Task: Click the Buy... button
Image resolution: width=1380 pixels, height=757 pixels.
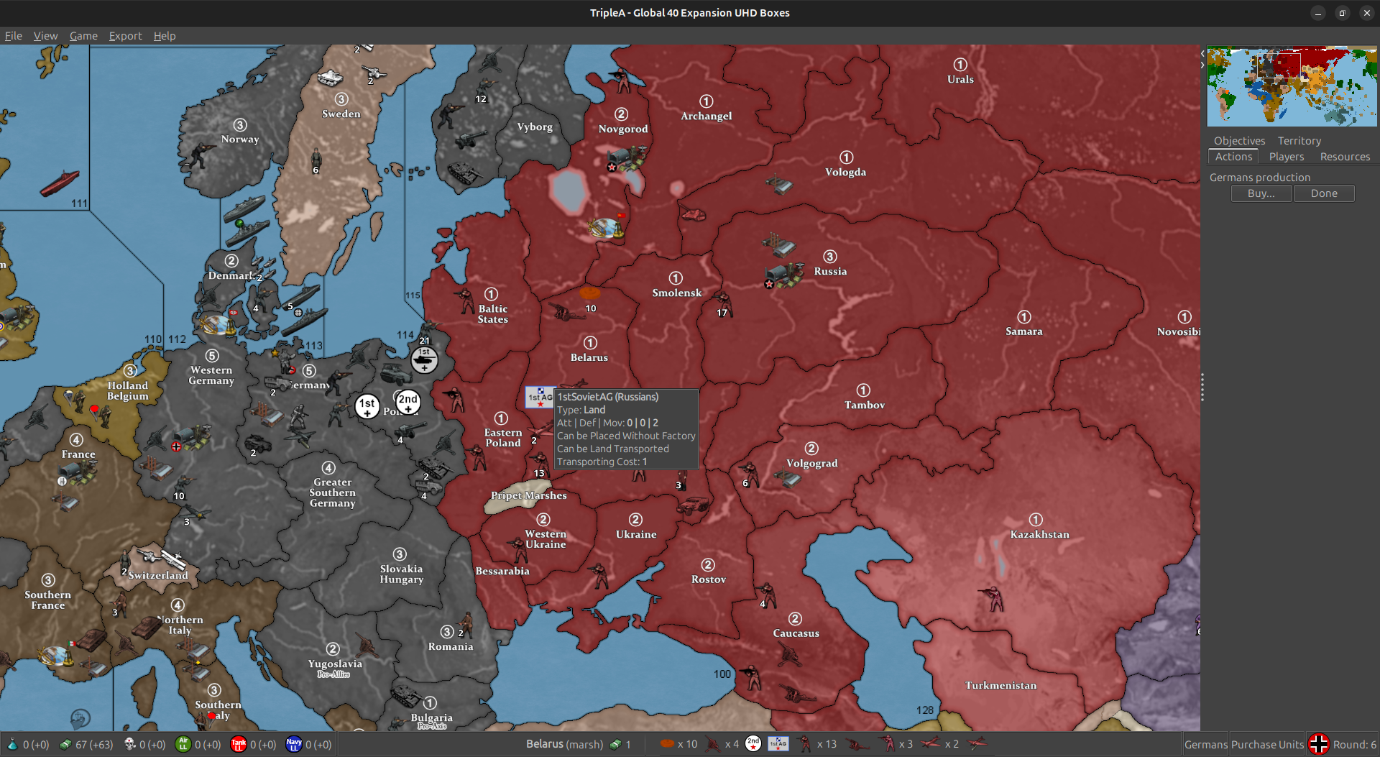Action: pyautogui.click(x=1261, y=193)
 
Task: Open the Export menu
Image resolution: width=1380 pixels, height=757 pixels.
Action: pyautogui.click(x=125, y=36)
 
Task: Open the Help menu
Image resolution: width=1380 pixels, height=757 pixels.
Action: pyautogui.click(x=164, y=36)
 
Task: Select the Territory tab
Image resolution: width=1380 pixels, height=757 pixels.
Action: pyautogui.click(x=1299, y=141)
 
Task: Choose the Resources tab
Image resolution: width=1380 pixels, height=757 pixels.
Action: pyautogui.click(x=1344, y=157)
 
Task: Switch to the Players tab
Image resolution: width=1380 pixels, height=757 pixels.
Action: pyautogui.click(x=1286, y=157)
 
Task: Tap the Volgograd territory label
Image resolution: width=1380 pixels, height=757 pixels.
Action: pyautogui.click(x=811, y=464)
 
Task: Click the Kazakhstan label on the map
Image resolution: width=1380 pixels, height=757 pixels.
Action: pyautogui.click(x=1039, y=535)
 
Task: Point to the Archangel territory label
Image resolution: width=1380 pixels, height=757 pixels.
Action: pyautogui.click(x=706, y=116)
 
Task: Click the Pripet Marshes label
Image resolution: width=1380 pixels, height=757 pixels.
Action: pyautogui.click(x=528, y=496)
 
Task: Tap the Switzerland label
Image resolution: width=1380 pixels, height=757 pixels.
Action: pyautogui.click(x=158, y=576)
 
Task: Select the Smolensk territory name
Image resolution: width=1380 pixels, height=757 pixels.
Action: pyautogui.click(x=676, y=293)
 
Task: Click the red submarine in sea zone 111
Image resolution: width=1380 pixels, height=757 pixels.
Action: pyautogui.click(x=59, y=183)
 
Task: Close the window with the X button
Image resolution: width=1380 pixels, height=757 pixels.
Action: pyautogui.click(x=1366, y=13)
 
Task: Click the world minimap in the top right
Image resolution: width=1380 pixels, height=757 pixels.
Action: pyautogui.click(x=1292, y=86)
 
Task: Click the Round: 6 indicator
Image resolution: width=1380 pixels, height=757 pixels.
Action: pyautogui.click(x=1354, y=745)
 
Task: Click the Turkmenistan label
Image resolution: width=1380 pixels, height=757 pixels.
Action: pyautogui.click(x=1000, y=686)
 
